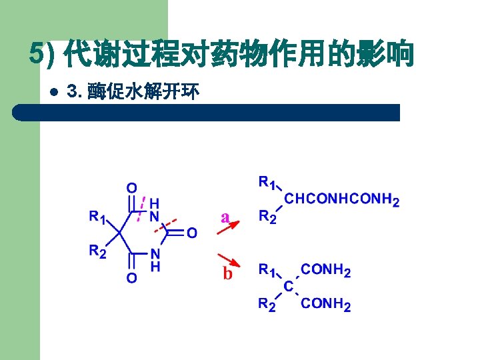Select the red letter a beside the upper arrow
[225, 217]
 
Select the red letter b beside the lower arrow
[227, 273]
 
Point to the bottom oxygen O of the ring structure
[132, 277]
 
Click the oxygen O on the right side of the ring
[191, 233]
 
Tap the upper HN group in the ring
[154, 209]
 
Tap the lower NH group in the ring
[155, 259]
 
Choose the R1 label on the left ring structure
[98, 217]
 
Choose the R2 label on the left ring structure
[98, 251]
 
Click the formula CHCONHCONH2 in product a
[342, 199]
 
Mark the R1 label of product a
[267, 182]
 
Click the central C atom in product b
[288, 286]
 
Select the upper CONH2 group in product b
[326, 270]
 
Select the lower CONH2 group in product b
[326, 304]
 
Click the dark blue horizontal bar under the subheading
[207, 112]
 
